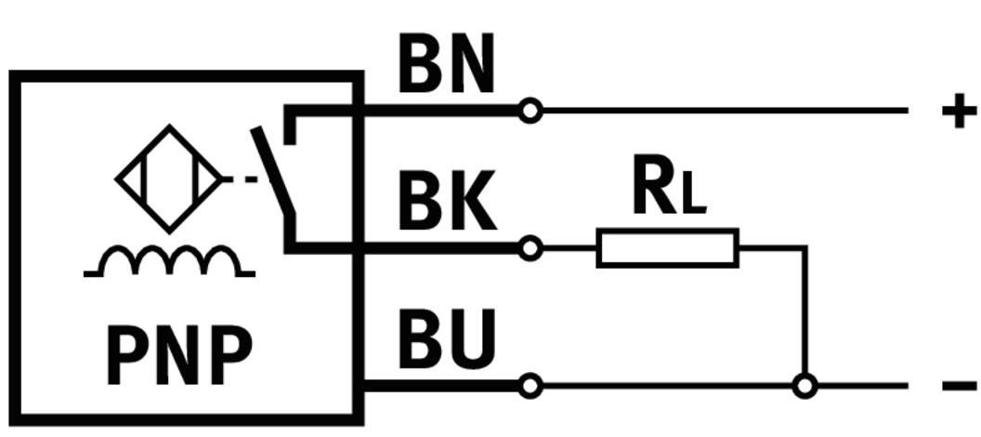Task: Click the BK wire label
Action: click(x=446, y=203)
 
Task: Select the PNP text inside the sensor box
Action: click(x=178, y=355)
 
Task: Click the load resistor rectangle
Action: click(x=667, y=248)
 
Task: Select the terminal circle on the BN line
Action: click(x=530, y=111)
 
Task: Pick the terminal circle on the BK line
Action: click(x=530, y=248)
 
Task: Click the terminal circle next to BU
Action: click(x=530, y=385)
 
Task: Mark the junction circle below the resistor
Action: click(x=804, y=385)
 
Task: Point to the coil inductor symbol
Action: click(x=168, y=263)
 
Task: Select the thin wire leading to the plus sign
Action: click(x=725, y=111)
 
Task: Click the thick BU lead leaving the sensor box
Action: click(x=437, y=385)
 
